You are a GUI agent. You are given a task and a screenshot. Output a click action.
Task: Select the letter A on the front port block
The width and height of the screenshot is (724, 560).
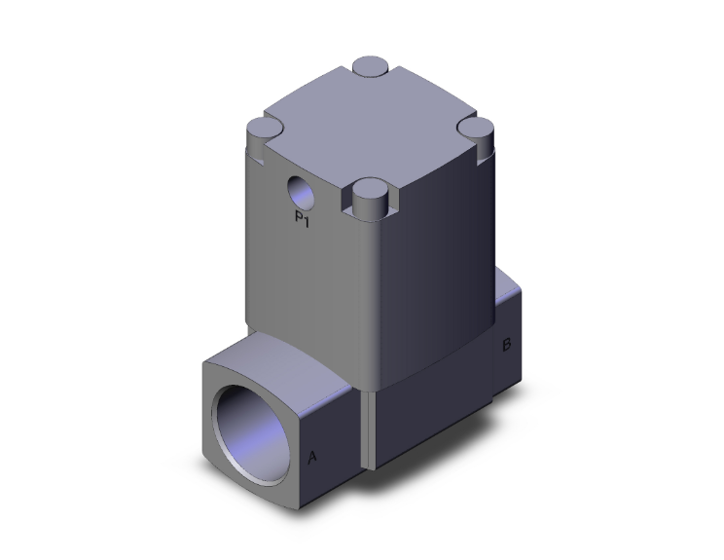coord(312,456)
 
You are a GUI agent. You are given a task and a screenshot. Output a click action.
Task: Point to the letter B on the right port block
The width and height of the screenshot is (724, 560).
coord(506,345)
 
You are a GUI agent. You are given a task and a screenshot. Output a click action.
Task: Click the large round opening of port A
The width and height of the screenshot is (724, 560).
coord(256,421)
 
